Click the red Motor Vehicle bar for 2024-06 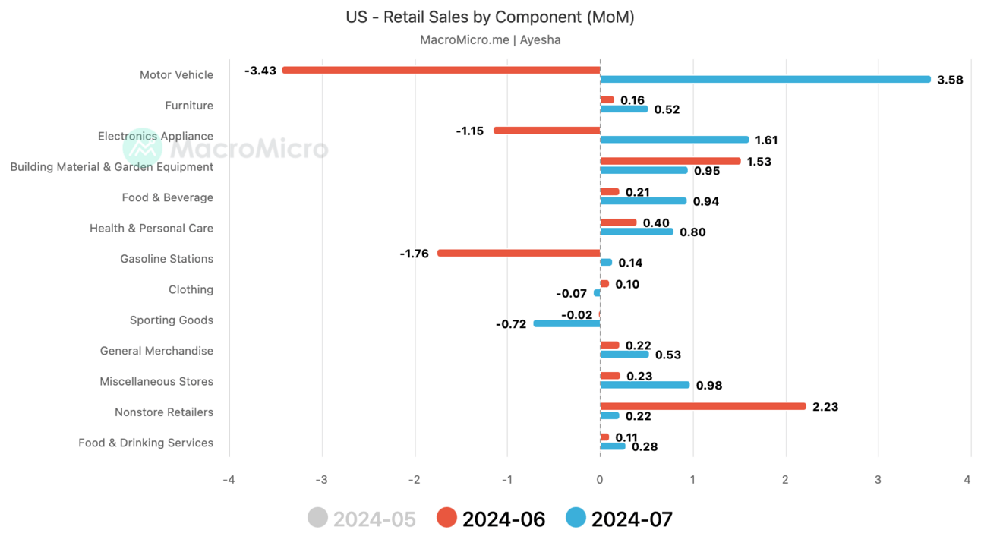click(x=440, y=70)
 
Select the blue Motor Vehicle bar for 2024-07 click(x=765, y=79)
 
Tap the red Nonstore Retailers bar click(x=702, y=406)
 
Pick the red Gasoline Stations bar click(x=519, y=253)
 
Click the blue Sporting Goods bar click(x=566, y=323)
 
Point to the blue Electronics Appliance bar click(x=674, y=140)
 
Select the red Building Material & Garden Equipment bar click(x=670, y=161)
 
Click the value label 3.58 click(x=950, y=80)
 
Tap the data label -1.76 click(x=414, y=254)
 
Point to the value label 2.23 click(x=825, y=407)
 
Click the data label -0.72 click(x=511, y=324)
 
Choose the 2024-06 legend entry click(x=490, y=519)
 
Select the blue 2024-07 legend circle click(x=576, y=519)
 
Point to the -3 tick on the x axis click(x=321, y=480)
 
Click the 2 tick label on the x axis click(x=785, y=480)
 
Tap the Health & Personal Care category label click(x=151, y=228)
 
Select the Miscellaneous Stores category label click(x=156, y=381)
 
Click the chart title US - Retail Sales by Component click(x=490, y=17)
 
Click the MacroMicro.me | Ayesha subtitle click(x=490, y=39)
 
